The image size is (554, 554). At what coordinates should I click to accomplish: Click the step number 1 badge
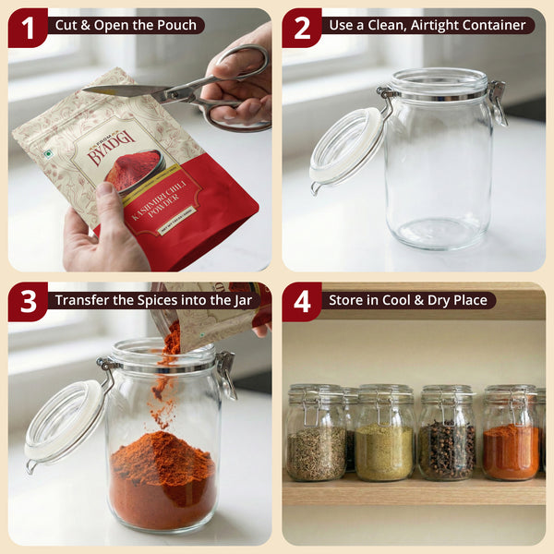click(x=28, y=28)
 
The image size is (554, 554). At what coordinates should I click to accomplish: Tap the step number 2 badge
click(x=302, y=28)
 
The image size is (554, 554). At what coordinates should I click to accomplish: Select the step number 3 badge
click(x=28, y=302)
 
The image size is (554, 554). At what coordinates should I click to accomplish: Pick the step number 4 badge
click(x=302, y=302)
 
